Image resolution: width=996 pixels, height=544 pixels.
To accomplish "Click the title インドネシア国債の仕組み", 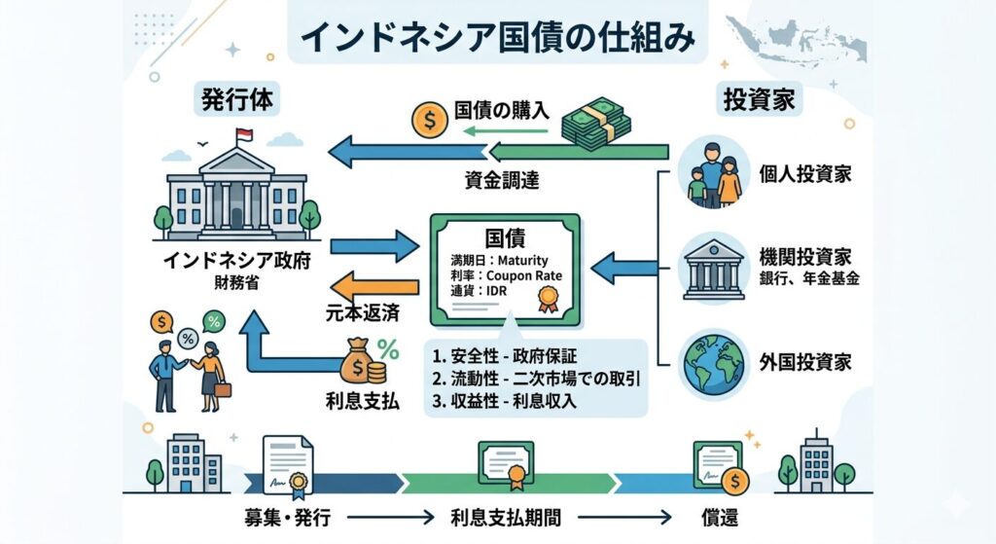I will pyautogui.click(x=498, y=37).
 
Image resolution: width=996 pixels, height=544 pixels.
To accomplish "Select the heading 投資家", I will pyautogui.click(x=759, y=100).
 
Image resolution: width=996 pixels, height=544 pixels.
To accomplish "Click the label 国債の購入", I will pyautogui.click(x=502, y=111).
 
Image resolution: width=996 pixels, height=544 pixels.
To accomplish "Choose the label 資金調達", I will pyautogui.click(x=502, y=180).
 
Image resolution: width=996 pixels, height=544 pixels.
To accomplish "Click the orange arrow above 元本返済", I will pyautogui.click(x=375, y=287).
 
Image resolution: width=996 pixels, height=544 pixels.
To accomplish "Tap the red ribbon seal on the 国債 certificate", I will pyautogui.click(x=550, y=303).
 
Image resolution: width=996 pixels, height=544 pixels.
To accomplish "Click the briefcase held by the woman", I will pyautogui.click(x=223, y=390).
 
